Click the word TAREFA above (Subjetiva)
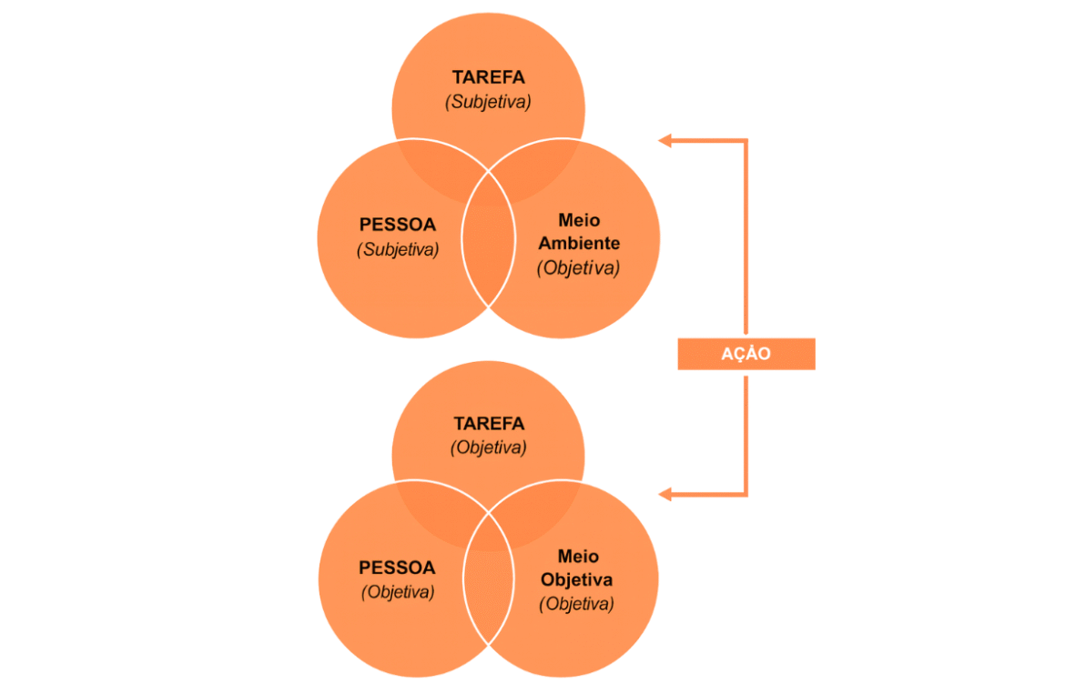(488, 77)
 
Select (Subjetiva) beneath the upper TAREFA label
(488, 102)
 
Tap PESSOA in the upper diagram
(397, 224)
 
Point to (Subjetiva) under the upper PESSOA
(397, 248)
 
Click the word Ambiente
(578, 244)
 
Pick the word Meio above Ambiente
(578, 221)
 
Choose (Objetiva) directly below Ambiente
(578, 268)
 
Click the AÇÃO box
(745, 354)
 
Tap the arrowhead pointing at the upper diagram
(665, 140)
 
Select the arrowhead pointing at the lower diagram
(665, 494)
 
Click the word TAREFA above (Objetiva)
(489, 424)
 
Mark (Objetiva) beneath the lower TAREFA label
(489, 448)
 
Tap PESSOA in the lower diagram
(397, 568)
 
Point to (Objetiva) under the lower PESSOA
(397, 592)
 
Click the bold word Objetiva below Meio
(576, 579)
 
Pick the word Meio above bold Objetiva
(578, 556)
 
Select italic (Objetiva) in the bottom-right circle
(576, 603)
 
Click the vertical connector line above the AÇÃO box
(745, 236)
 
